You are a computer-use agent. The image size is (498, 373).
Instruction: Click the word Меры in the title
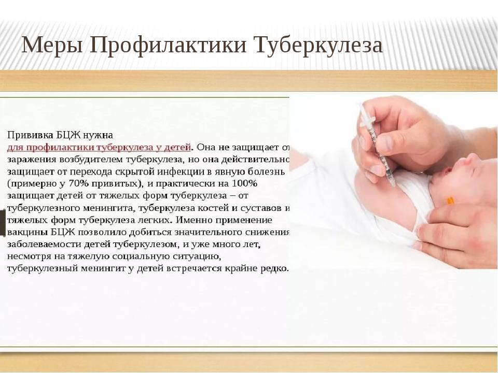[x=52, y=45]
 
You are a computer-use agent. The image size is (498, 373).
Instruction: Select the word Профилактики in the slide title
[x=168, y=46]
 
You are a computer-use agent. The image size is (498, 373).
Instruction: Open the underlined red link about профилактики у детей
[x=99, y=148]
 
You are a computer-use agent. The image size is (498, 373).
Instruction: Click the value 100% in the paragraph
[x=244, y=183]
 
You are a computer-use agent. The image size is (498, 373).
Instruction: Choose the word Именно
[x=192, y=220]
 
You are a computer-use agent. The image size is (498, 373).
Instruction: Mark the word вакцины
[x=27, y=232]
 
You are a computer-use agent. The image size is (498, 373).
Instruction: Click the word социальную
[x=141, y=256]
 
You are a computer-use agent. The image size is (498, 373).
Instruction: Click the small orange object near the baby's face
[x=451, y=200]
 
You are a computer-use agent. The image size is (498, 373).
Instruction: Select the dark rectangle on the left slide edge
[x=3, y=223]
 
